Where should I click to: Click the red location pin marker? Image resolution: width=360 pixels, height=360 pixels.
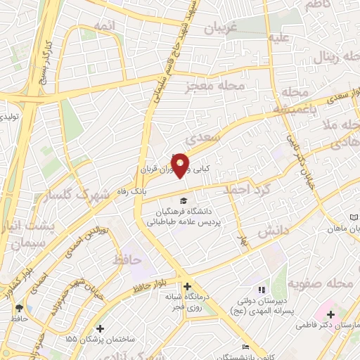point(180,165)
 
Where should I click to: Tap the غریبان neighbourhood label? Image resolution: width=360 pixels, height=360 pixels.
point(223,27)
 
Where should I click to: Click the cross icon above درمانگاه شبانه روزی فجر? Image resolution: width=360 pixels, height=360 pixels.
point(187,286)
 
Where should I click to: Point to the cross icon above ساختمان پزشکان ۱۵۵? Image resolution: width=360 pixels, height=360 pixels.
point(101,328)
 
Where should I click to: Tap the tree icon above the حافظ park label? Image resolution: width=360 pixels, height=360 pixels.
point(19,308)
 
